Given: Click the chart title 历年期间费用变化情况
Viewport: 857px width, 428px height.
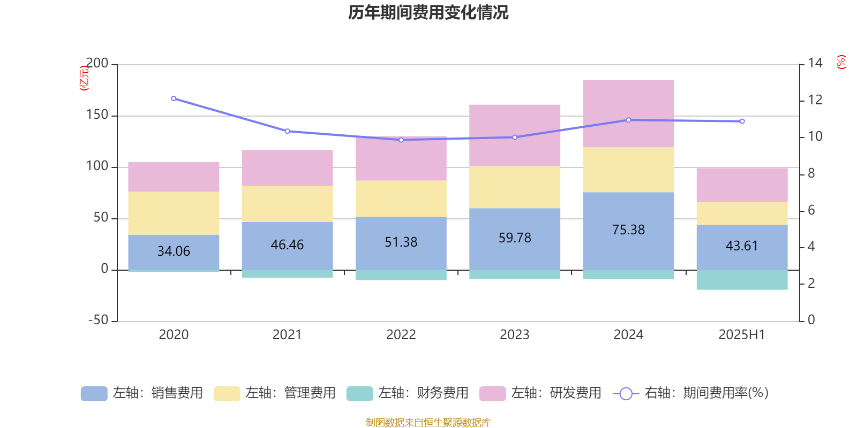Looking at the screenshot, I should [x=428, y=12].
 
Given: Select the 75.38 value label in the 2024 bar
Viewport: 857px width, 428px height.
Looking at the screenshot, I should [x=628, y=230].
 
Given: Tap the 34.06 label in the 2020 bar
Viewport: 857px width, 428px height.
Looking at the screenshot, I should [x=174, y=251].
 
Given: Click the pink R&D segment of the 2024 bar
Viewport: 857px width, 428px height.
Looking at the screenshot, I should [x=628, y=113].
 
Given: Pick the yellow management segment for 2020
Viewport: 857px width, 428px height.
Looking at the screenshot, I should [x=174, y=213].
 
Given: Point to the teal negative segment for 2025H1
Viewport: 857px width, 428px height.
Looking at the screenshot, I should [x=742, y=280].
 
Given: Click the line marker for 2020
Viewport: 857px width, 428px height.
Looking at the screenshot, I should [x=174, y=98].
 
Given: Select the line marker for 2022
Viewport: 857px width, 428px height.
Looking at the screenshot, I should [x=401, y=140].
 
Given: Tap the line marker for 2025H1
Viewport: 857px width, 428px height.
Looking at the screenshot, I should [x=742, y=121].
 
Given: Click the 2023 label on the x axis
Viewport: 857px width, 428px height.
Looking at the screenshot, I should [x=515, y=335].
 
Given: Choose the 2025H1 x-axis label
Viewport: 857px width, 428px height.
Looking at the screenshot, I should [x=742, y=335].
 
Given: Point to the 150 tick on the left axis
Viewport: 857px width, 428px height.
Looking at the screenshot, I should [x=97, y=115].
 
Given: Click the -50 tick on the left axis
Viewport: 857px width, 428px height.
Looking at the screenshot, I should [x=98, y=320].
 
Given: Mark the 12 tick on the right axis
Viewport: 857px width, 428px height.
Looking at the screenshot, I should [x=815, y=100].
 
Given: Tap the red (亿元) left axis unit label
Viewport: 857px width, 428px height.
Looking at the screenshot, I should [x=84, y=78].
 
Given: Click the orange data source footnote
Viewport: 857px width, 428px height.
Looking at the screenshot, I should [x=428, y=423].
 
